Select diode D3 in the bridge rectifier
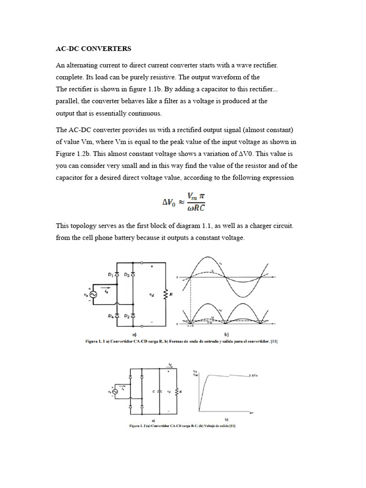pos(132,275)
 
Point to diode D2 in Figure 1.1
pos(132,315)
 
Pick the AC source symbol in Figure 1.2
pos(114,391)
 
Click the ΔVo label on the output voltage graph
pos(256,376)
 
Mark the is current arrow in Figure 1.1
pos(109,287)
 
